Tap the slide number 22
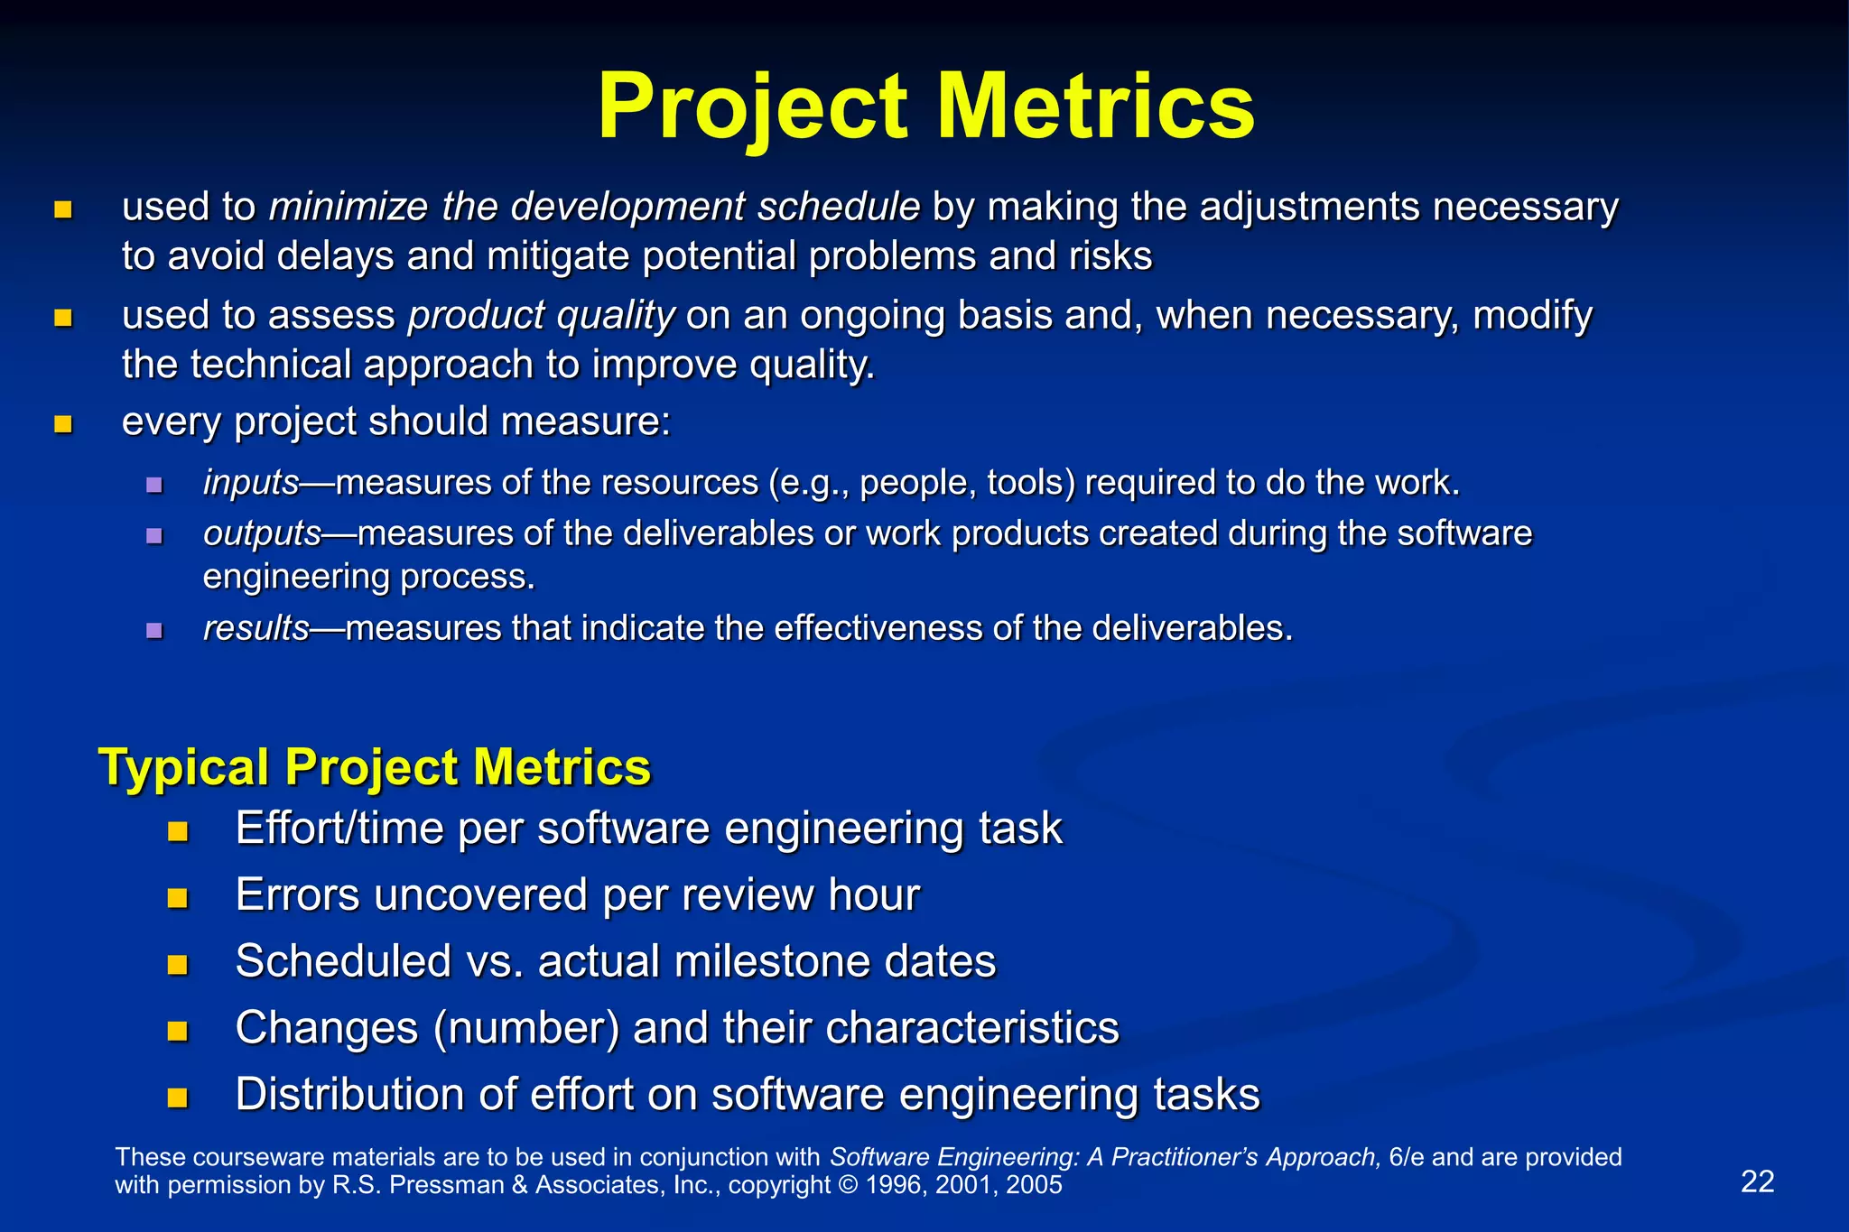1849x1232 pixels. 1757,1181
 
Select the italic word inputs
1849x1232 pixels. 250,483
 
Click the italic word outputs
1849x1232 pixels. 262,533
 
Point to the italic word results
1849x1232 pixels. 256,628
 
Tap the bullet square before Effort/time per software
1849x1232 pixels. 177,830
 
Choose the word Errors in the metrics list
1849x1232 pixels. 297,895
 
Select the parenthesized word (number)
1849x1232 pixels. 525,1028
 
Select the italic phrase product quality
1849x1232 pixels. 541,316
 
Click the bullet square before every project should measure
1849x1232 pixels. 62,424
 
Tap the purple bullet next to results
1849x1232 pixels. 154,630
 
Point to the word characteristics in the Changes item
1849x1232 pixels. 972,1028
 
